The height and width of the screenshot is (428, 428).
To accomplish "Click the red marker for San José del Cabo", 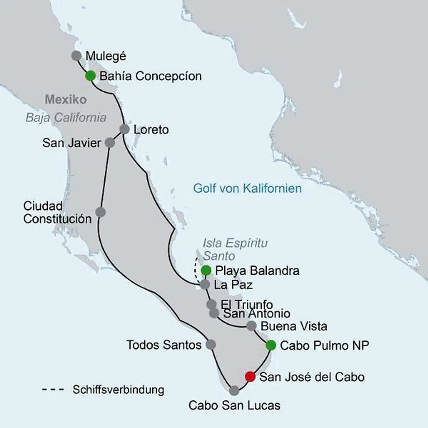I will (250, 377).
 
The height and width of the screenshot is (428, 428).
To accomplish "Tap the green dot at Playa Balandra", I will (206, 270).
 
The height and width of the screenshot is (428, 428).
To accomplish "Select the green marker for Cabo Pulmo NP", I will (271, 345).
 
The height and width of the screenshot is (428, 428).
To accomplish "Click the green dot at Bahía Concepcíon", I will (90, 76).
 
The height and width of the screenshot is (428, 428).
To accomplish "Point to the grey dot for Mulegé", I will (77, 56).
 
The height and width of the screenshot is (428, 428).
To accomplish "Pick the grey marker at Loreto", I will (125, 130).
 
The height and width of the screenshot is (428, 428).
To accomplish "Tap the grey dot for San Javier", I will (110, 143).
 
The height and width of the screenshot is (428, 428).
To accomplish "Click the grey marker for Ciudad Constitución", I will (100, 212).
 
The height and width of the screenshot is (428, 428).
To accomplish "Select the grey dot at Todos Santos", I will (211, 344).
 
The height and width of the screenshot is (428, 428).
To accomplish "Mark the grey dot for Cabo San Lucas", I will (234, 391).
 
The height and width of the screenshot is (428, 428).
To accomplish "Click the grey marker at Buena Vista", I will (251, 326).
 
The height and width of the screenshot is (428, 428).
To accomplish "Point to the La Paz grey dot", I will (205, 284).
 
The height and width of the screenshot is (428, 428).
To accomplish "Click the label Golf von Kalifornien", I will (247, 188).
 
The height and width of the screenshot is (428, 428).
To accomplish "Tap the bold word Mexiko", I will (66, 100).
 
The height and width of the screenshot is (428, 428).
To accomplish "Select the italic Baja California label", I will (66, 118).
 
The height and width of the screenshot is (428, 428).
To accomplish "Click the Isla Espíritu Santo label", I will (235, 249).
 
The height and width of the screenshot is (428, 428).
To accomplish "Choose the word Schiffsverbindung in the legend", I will (118, 390).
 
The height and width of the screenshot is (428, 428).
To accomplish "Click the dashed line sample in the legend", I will (53, 390).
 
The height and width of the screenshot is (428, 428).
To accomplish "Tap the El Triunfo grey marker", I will (211, 304).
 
